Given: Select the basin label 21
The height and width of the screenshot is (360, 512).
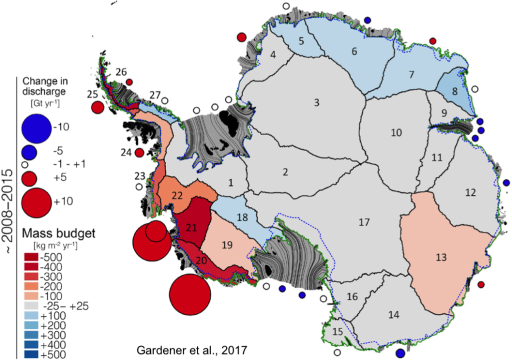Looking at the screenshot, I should (190, 226).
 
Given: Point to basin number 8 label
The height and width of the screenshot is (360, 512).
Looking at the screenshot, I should (454, 91).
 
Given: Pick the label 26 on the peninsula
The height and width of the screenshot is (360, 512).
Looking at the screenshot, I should (120, 72).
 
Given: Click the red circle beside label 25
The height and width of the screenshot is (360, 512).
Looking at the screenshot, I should (98, 107).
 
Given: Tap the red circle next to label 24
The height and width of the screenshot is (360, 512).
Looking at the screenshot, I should (139, 152).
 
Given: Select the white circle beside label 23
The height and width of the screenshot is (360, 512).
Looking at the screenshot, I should (138, 187).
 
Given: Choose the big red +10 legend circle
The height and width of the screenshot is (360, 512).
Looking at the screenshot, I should (36, 201).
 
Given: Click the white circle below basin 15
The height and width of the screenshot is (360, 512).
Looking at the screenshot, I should (337, 352).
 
